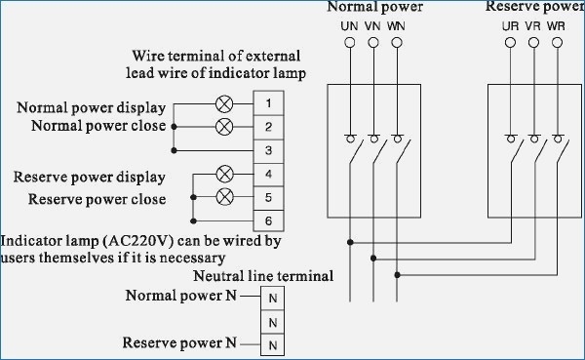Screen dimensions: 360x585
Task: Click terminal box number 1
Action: coord(268,102)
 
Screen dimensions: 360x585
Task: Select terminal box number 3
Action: coord(268,150)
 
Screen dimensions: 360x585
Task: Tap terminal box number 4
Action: coord(268,175)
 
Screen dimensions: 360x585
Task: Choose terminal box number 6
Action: coord(268,222)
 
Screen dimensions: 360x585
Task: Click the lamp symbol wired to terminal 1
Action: coord(223,102)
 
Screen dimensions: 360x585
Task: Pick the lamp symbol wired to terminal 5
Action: coord(223,198)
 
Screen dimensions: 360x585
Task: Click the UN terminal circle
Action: coord(349,43)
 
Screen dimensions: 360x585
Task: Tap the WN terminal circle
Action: coord(396,43)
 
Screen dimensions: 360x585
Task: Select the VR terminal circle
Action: coord(533,43)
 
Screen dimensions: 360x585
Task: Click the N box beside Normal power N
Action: coord(274,297)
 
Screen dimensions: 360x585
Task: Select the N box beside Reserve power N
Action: coord(274,343)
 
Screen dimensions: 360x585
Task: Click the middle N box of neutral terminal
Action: coord(274,320)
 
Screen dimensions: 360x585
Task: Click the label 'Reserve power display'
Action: coord(89,178)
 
